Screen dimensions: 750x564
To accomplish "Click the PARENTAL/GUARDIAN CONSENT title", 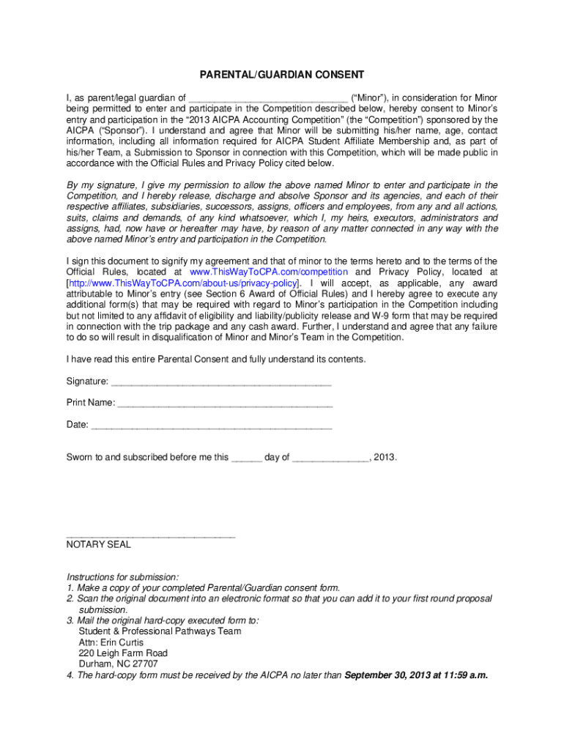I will [282, 75].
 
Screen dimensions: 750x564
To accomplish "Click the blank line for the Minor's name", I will [268, 98].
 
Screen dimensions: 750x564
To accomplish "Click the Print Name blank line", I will [225, 403].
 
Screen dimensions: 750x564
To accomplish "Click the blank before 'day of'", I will [247, 458].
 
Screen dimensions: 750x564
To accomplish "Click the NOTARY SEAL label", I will [99, 545].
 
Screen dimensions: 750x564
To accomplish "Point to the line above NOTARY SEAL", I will [151, 536].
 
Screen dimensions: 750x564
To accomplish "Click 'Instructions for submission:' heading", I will [123, 577].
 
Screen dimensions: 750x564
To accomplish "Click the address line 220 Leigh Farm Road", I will [123, 653].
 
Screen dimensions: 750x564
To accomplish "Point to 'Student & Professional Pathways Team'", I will [160, 631].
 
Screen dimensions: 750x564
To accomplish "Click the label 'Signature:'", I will [87, 382].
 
